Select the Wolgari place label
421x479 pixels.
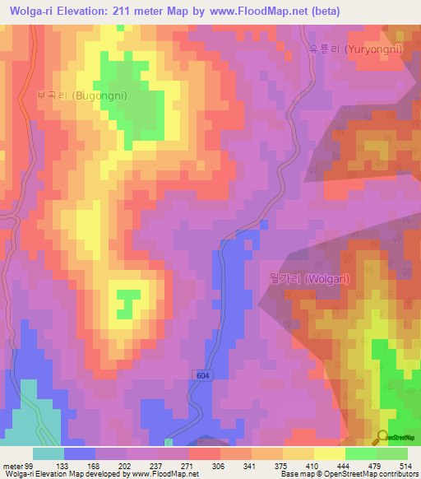point(309,279)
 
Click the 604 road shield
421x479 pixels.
point(204,375)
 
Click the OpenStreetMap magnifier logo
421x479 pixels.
point(382,436)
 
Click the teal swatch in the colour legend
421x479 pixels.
point(49,453)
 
